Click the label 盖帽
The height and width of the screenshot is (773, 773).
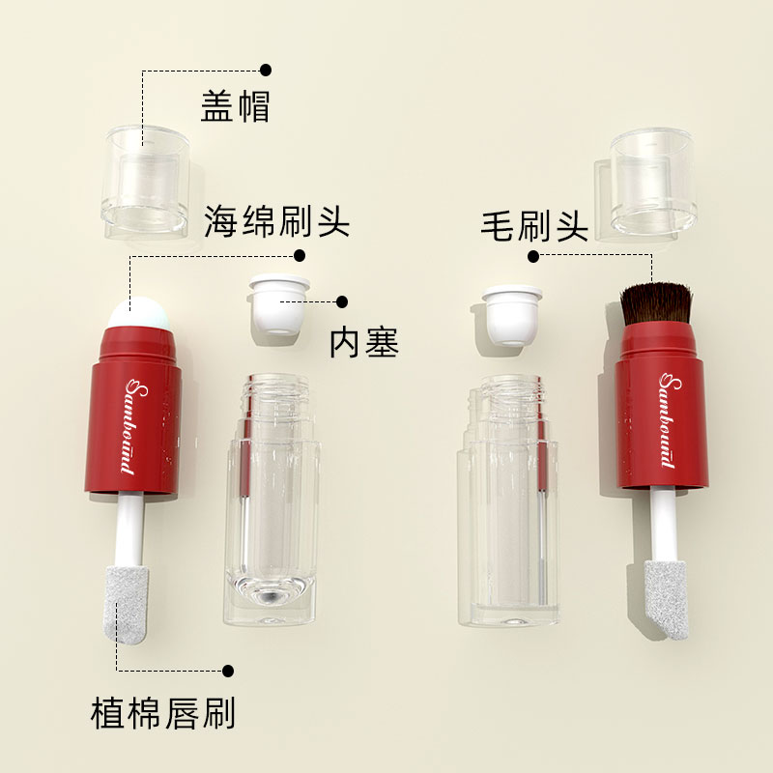click(x=235, y=106)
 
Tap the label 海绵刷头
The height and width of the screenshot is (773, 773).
click(x=276, y=222)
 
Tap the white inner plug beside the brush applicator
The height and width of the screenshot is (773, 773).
click(x=509, y=312)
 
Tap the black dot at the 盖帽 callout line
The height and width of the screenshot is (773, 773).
click(x=266, y=70)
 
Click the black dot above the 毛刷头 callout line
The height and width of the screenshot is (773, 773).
click(x=533, y=256)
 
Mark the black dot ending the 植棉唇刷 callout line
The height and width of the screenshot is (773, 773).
click(x=229, y=670)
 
